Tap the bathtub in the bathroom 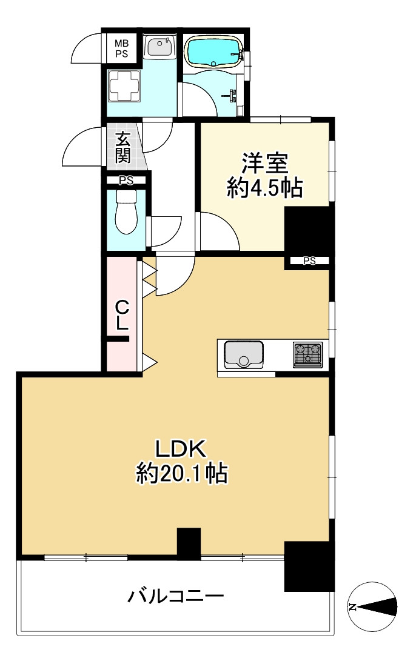coord(213,51)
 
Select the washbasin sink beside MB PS coord(160,47)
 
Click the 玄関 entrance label coord(122,147)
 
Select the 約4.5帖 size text coord(265,188)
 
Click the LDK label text coord(182,449)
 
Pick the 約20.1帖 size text coord(182,473)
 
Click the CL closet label coord(122,315)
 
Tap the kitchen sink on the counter coord(244,354)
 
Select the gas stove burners coord(307,354)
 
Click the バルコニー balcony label coord(176,597)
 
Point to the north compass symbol coord(373,606)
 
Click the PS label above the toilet coord(126,180)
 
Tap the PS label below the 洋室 coord(309,261)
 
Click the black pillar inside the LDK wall coord(189,543)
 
